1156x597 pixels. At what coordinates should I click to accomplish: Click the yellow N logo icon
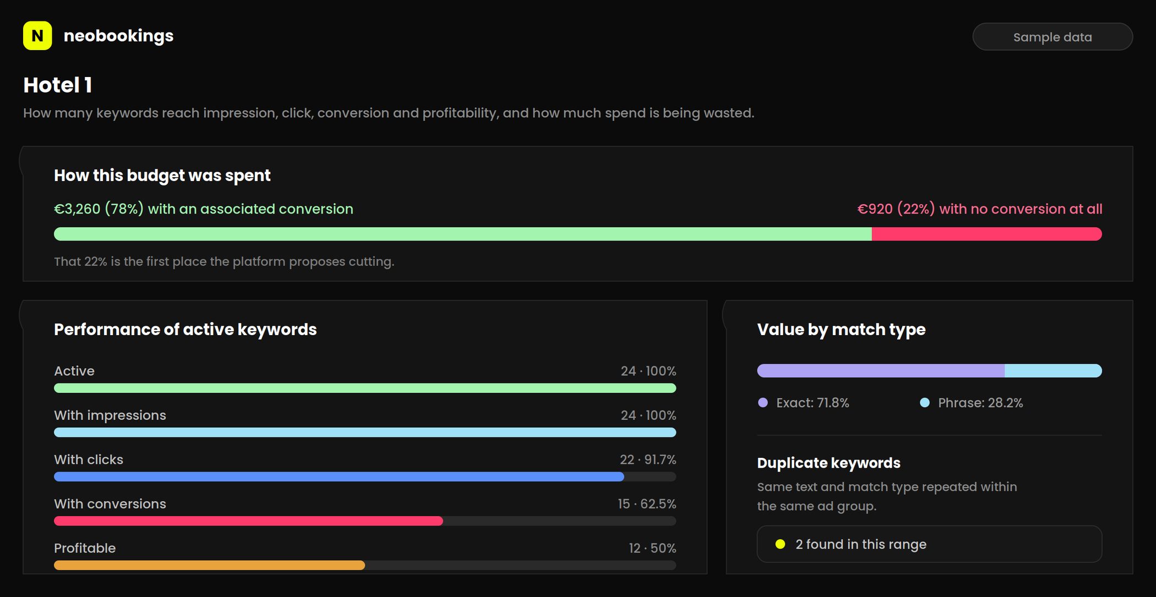[x=37, y=36]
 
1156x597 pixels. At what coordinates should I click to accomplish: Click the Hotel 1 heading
[x=57, y=85]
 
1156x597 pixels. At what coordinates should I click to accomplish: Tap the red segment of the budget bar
[x=987, y=234]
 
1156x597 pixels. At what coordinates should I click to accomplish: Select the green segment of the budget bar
[x=463, y=234]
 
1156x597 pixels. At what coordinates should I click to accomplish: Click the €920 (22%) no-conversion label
[x=980, y=209]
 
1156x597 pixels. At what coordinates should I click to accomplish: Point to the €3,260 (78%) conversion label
[x=204, y=209]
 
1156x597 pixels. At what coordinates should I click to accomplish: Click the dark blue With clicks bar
[x=339, y=476]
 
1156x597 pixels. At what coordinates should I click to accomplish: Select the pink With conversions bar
[x=248, y=521]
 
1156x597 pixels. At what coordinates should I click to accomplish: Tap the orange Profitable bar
[x=209, y=565]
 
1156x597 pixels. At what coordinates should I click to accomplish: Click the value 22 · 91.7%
[x=648, y=459]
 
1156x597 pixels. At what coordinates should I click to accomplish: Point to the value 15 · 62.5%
[x=647, y=504]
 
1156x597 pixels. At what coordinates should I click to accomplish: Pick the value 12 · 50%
[x=652, y=548]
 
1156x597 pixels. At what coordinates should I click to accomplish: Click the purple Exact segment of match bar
[x=881, y=371]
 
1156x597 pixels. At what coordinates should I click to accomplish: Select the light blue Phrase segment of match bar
[x=1053, y=371]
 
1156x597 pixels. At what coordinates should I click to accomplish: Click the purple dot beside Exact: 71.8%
[x=763, y=403]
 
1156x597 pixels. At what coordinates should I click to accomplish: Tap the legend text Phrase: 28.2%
[x=980, y=403]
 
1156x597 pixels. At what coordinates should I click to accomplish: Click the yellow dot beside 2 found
[x=780, y=544]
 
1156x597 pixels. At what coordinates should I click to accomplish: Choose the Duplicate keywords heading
[x=828, y=463]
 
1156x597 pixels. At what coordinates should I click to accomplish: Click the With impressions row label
[x=110, y=415]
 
